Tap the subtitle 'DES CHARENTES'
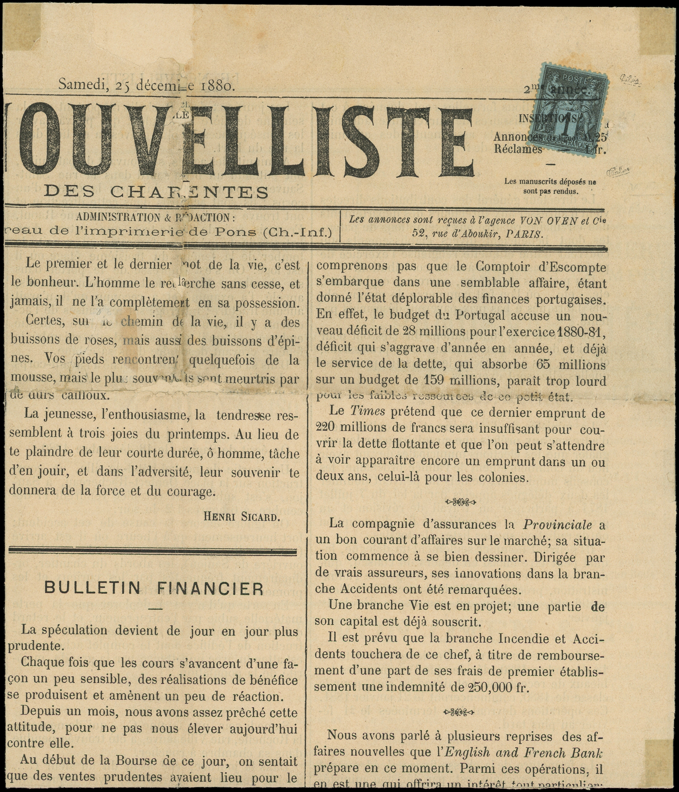tap(156, 191)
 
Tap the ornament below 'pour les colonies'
tap(461, 501)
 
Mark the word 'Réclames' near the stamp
tap(517, 150)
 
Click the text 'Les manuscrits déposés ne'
tap(550, 182)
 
